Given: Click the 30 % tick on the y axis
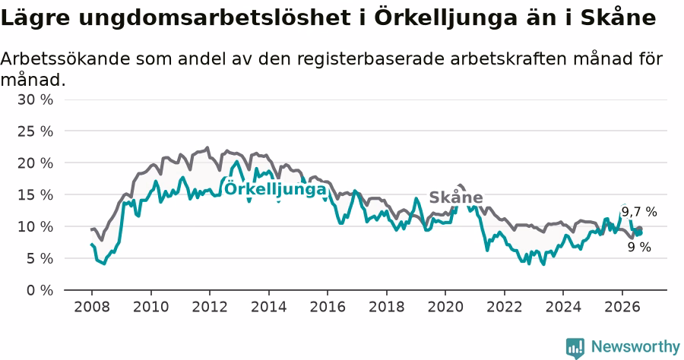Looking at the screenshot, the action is click(35, 99).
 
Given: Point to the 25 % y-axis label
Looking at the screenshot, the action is click(35, 131).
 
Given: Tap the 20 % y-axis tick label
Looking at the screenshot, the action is click(35, 163).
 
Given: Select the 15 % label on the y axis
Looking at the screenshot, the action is click(35, 195).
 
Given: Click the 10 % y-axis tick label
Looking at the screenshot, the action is click(35, 226).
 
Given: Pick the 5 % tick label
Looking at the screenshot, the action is click(40, 258).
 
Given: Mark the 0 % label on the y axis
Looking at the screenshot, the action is click(40, 290).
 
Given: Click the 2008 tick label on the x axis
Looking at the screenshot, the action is click(92, 307).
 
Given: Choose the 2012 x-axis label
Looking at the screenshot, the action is click(210, 307).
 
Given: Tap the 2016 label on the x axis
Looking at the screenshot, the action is click(328, 307).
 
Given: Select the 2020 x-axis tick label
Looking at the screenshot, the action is click(445, 307).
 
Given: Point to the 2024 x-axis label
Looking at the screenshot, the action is click(563, 307).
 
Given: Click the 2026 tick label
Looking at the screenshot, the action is click(622, 307).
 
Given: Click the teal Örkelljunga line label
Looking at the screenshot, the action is click(275, 188).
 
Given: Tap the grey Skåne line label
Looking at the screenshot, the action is click(456, 197).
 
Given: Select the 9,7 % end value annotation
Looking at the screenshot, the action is click(639, 212).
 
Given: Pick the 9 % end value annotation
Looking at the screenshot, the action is click(639, 247).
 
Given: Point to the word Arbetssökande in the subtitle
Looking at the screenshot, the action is click(65, 58).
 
